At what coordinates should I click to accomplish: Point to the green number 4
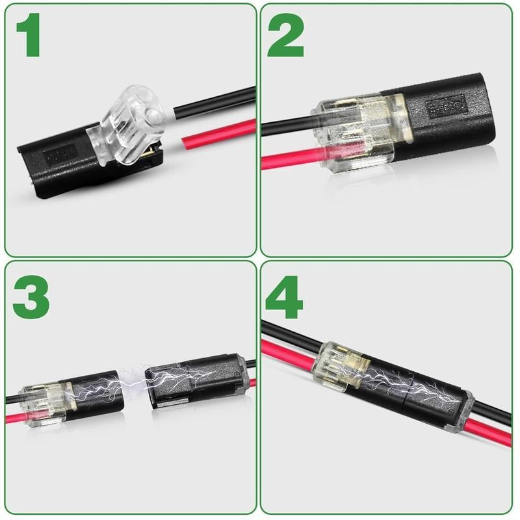(285, 297)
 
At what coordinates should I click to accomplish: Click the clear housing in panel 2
(354, 130)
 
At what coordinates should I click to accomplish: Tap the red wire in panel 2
(286, 159)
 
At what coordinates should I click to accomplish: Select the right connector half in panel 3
(195, 383)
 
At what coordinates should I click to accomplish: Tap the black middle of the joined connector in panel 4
(403, 387)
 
